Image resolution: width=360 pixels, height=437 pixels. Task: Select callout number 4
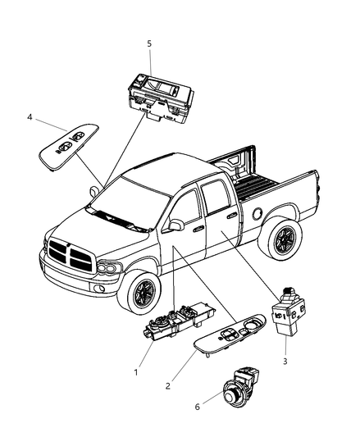[x=30, y=117]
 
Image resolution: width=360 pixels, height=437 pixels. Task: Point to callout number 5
[x=149, y=45]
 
